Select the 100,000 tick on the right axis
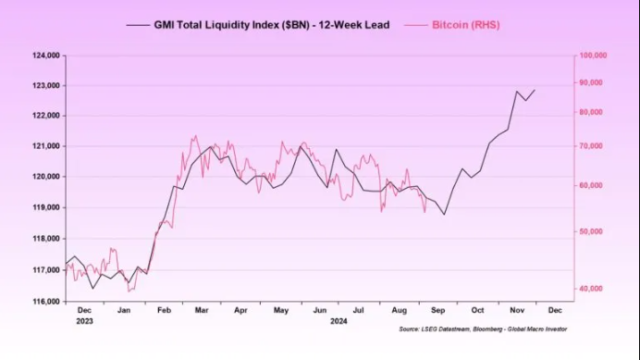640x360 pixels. (x=592, y=56)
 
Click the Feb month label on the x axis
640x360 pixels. (x=163, y=311)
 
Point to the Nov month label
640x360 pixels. (x=516, y=311)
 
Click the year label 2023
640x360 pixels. (x=84, y=321)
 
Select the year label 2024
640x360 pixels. (x=338, y=321)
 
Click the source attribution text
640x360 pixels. (x=483, y=329)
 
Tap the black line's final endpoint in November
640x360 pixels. (x=535, y=90)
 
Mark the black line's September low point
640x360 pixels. (x=444, y=215)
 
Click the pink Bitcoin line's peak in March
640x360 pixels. (x=194, y=136)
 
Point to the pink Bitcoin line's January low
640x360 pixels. (x=129, y=291)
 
